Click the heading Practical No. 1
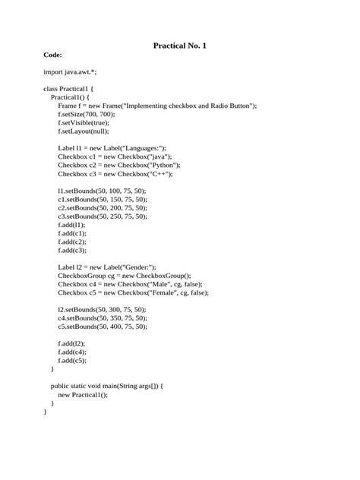[x=180, y=46]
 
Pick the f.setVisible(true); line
[x=84, y=122]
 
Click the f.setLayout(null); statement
[x=84, y=131]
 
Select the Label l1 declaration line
[x=112, y=147]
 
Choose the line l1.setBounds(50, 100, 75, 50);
[x=103, y=190]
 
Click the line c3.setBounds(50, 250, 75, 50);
[x=103, y=216]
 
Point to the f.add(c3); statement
[x=72, y=250]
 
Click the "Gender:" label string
[x=139, y=267]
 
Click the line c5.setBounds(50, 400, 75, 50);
[x=103, y=327]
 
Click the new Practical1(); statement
[x=83, y=394]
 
